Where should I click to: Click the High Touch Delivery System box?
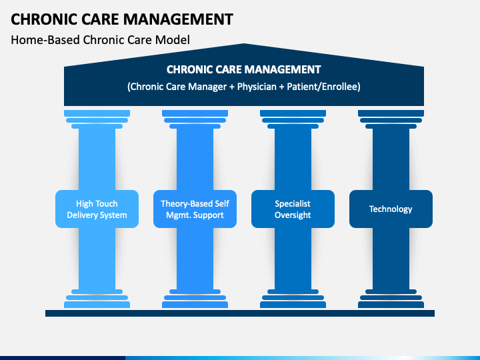(97, 209)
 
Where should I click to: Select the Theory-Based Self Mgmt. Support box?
(195, 209)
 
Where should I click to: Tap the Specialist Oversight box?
(293, 209)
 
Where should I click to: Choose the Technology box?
(391, 209)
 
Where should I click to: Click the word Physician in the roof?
(257, 87)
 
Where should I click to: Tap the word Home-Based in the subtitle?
(45, 40)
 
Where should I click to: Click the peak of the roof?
(244, 44)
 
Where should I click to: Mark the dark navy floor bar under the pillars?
(240, 313)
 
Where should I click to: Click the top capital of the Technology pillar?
(391, 119)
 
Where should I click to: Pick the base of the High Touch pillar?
(97, 299)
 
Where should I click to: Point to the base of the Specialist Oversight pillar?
(293, 299)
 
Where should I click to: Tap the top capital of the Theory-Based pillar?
(195, 119)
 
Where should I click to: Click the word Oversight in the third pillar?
(293, 215)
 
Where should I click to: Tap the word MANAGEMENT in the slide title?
(178, 19)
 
